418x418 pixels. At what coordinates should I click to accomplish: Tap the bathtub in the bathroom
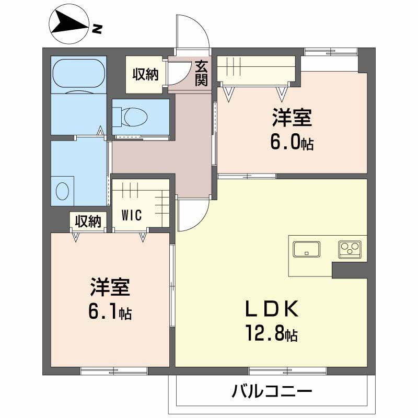[78, 75]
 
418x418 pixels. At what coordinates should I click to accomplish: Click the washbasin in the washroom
[62, 189]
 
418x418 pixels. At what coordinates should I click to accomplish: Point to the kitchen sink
[307, 249]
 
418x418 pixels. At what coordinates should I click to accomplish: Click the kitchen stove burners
[349, 249]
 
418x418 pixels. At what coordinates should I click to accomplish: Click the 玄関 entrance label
[202, 73]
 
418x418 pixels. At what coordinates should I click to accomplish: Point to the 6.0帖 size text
[292, 143]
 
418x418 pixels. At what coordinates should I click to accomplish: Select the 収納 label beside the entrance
[145, 75]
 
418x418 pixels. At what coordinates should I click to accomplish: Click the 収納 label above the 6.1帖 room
[87, 222]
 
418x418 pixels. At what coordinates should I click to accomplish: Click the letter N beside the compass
[96, 29]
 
